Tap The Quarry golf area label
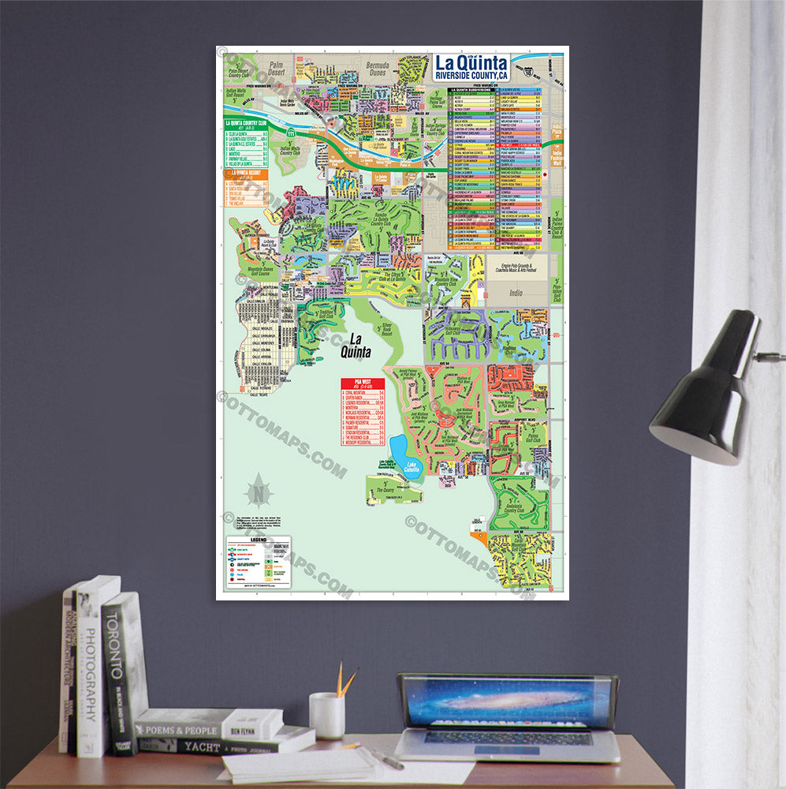386,489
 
